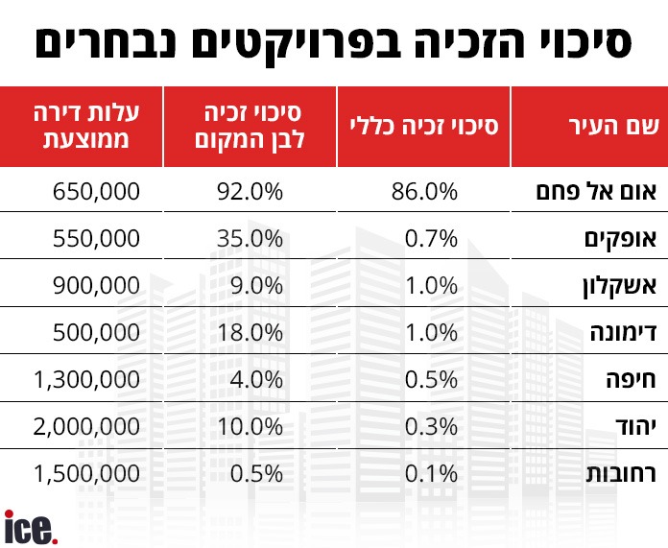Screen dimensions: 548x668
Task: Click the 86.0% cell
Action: tap(425, 191)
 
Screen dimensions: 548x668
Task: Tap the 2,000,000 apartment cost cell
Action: tap(87, 425)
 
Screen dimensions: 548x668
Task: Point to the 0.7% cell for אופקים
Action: tap(432, 237)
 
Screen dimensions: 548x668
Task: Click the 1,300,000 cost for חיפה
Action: tap(87, 378)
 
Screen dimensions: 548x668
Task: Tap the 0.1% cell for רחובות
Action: tap(432, 472)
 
